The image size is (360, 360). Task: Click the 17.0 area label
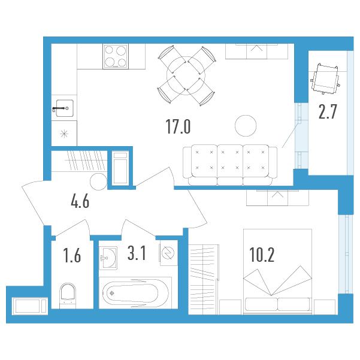[178, 127]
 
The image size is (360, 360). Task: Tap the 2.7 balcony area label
[328, 112]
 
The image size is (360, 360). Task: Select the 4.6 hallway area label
[80, 201]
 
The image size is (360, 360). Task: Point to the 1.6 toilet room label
[72, 256]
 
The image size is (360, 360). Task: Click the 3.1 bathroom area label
[137, 253]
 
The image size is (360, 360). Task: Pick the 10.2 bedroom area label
[262, 255]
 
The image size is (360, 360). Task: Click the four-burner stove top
[116, 56]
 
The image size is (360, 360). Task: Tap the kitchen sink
[63, 108]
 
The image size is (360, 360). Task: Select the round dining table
[186, 75]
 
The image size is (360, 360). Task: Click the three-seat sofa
[230, 165]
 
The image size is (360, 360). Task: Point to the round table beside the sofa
[246, 126]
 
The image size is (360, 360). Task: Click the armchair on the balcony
[325, 78]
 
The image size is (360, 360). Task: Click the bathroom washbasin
[108, 258]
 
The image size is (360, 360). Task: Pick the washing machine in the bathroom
[169, 253]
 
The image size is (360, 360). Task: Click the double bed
[277, 271]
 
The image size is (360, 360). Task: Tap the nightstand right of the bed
[325, 307]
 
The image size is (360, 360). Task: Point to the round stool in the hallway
[99, 181]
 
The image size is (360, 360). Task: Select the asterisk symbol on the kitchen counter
[64, 134]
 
